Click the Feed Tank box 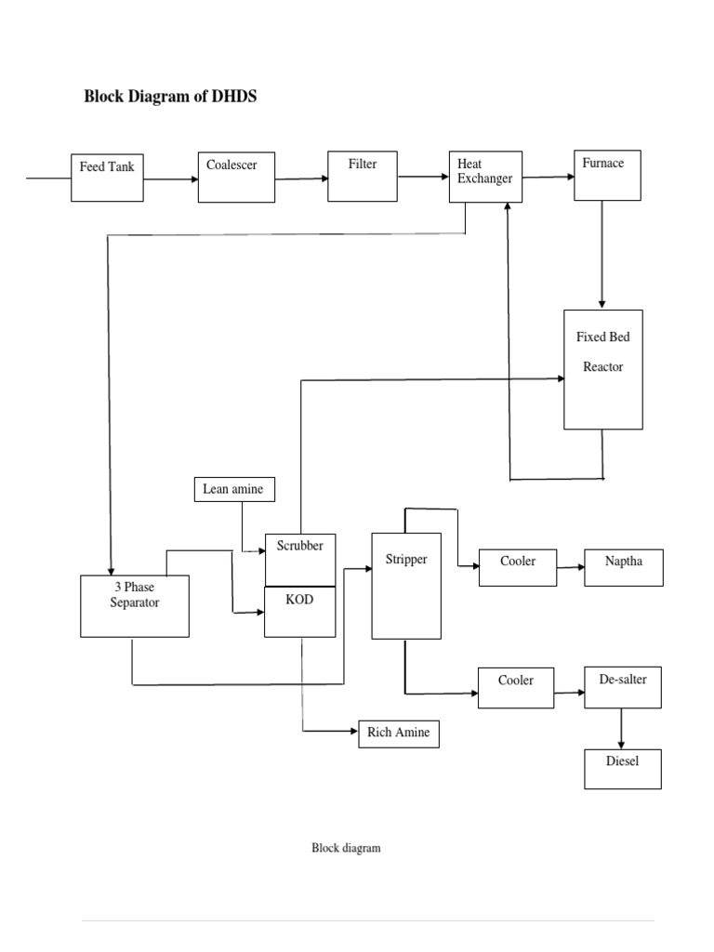108,178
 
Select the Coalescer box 236,177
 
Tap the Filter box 363,176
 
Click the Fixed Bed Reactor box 603,369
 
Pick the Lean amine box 235,489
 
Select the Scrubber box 300,560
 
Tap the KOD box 300,612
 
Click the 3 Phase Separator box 135,606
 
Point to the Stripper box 406,586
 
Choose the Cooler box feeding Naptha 518,568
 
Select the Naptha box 624,567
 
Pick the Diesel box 623,769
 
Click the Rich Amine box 398,734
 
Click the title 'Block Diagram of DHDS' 170,97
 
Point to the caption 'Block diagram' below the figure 346,848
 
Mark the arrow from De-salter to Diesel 622,729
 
